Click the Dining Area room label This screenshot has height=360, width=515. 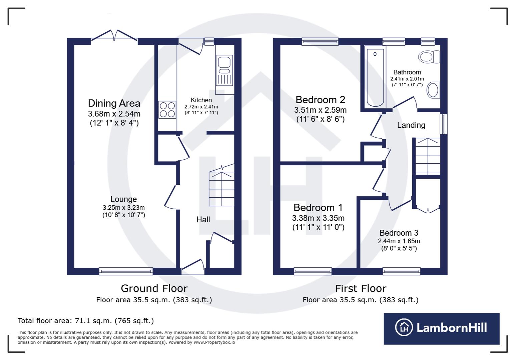[114, 103]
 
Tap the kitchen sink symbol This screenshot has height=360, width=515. [224, 70]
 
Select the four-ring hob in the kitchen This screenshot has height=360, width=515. [167, 110]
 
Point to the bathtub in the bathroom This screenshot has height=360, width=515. [375, 77]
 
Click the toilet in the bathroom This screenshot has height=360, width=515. [429, 57]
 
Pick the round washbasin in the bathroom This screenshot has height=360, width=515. [433, 90]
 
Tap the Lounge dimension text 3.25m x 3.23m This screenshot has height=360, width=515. [123, 208]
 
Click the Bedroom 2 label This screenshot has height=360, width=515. [320, 100]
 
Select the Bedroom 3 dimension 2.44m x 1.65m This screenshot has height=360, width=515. [399, 241]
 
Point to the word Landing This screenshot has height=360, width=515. [411, 125]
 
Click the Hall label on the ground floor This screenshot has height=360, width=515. [203, 219]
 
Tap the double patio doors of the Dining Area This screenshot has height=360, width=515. [114, 36]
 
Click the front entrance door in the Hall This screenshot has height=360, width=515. [193, 267]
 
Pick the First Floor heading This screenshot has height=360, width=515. [360, 288]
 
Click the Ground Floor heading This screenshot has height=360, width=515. [154, 288]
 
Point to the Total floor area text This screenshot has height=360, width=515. [86, 321]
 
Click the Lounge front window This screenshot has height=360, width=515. [126, 271]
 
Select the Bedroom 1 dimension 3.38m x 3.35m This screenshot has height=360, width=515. [318, 218]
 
